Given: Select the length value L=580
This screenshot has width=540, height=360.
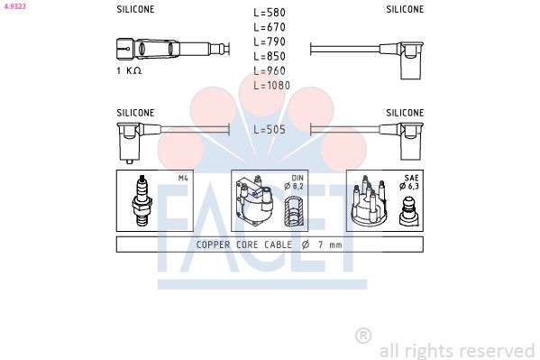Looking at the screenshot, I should tap(270, 13).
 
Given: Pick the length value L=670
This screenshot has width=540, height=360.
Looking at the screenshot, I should tap(270, 27).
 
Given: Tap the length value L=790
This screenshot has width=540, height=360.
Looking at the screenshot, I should tap(270, 42).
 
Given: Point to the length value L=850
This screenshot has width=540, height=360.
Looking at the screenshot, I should tap(270, 56).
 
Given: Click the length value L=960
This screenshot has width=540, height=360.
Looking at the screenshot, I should tap(270, 70).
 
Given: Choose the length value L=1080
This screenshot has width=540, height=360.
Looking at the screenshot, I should tap(272, 85).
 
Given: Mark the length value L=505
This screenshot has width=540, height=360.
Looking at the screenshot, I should tap(270, 129).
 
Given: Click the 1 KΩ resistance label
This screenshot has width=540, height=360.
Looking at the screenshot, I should tap(130, 70).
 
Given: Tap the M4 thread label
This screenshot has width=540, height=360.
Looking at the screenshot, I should tap(183, 178).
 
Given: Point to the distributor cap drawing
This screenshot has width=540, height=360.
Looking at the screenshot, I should tap(370, 203).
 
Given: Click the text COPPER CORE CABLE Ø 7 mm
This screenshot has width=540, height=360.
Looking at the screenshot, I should tap(270, 245).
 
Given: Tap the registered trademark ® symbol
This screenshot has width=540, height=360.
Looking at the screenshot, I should tap(363, 336).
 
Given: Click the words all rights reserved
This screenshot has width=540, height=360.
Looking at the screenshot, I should tap(457, 350).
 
